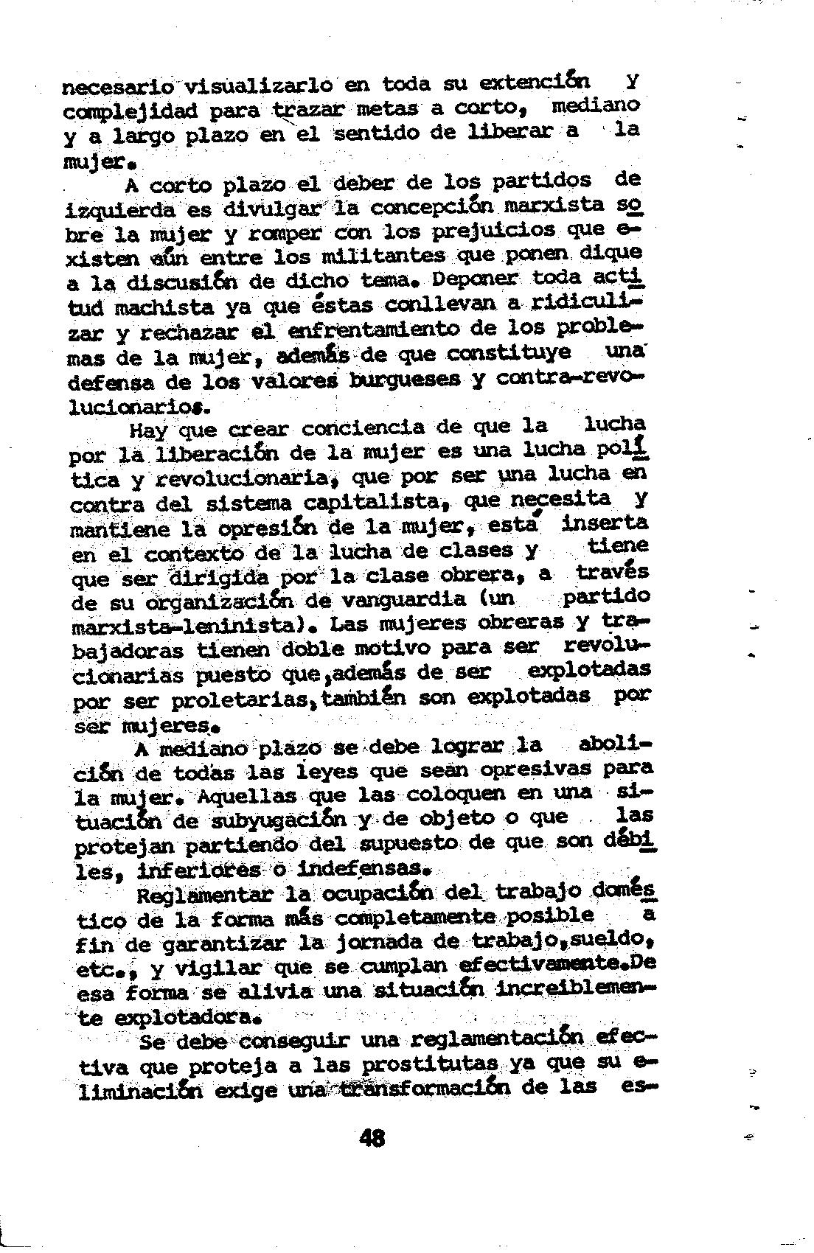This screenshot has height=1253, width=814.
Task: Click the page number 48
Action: click(x=373, y=1139)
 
